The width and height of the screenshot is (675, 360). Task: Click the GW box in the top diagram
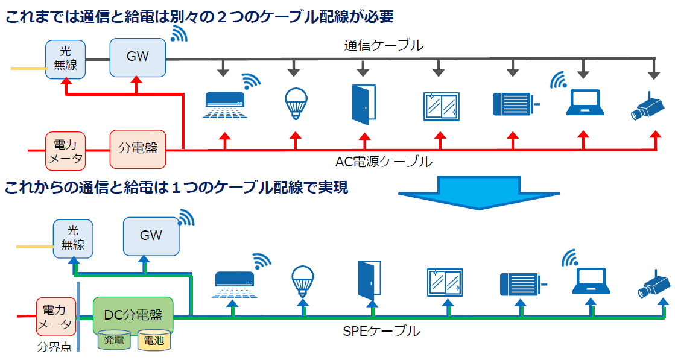click(138, 57)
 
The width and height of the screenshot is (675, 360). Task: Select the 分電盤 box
click(138, 148)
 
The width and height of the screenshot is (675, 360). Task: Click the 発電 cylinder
click(113, 340)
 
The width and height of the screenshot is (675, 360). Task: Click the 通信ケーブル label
click(384, 45)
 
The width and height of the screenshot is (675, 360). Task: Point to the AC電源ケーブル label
click(384, 162)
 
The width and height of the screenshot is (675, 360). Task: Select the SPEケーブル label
click(381, 331)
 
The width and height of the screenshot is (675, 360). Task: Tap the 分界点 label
click(54, 347)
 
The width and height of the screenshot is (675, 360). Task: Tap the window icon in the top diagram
click(441, 106)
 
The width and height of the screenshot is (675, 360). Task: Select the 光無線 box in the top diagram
click(66, 58)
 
